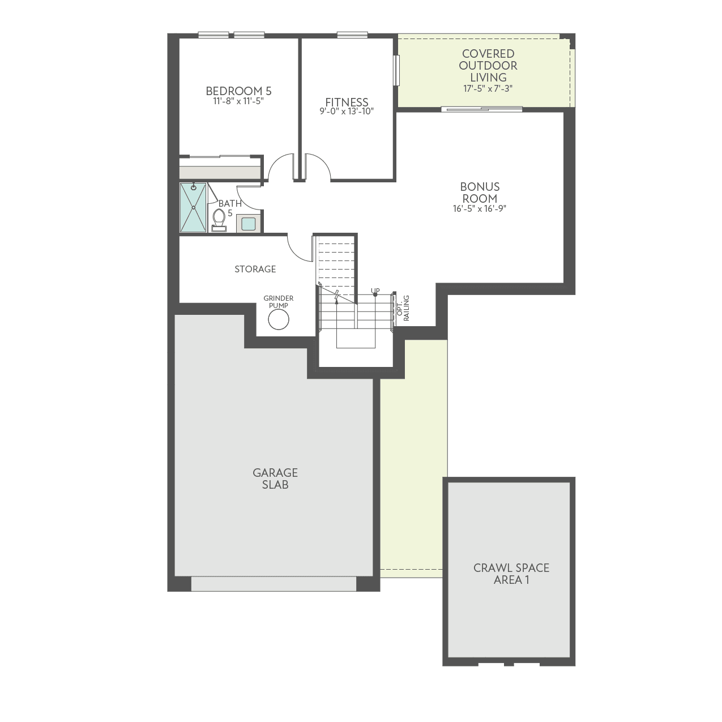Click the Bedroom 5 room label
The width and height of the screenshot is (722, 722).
click(x=238, y=91)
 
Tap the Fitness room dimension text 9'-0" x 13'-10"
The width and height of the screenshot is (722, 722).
click(x=347, y=112)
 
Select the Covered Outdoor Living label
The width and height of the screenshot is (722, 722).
click(x=488, y=65)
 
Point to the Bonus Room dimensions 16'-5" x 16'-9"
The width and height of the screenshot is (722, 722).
click(x=479, y=208)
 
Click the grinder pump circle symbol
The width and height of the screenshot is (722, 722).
click(x=278, y=320)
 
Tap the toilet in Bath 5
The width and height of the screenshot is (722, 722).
click(x=219, y=219)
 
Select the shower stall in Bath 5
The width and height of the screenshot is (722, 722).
click(x=193, y=207)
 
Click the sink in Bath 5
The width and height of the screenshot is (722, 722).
click(x=248, y=224)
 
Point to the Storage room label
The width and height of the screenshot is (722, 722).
click(x=255, y=269)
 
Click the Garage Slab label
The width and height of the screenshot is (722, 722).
click(x=275, y=479)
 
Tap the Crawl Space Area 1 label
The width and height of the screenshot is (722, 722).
click(x=511, y=574)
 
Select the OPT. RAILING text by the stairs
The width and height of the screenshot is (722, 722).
click(x=403, y=308)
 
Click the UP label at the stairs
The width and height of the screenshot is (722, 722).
click(x=375, y=290)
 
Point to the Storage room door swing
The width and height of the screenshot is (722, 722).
click(x=300, y=249)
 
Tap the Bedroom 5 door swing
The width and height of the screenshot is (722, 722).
click(x=281, y=168)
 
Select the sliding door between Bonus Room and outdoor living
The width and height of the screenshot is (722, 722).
click(x=481, y=109)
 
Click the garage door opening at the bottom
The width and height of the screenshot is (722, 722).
click(x=274, y=584)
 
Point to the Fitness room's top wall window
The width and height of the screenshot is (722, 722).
click(x=352, y=35)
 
